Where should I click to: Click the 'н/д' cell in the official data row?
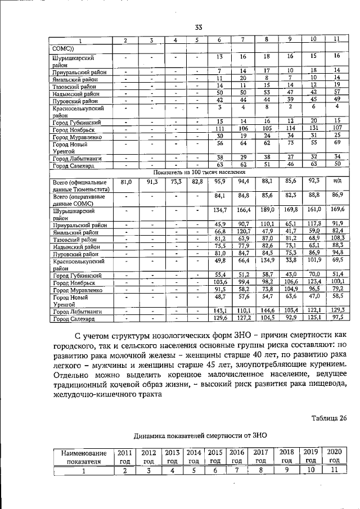[336, 182]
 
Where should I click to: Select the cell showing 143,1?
[220, 310]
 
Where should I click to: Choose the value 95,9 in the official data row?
[220, 182]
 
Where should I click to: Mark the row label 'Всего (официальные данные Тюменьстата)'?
[79, 186]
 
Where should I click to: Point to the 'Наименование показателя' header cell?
[82, 456]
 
